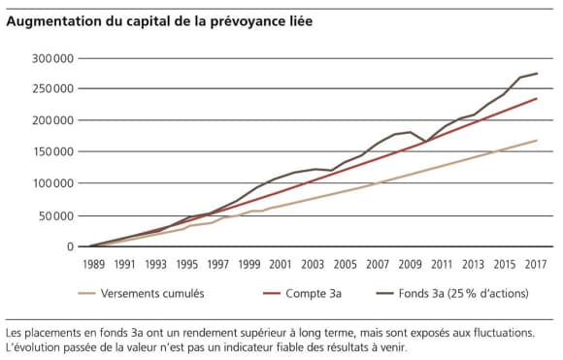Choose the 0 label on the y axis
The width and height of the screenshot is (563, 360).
[69, 246]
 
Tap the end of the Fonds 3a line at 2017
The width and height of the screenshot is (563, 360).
[537, 74]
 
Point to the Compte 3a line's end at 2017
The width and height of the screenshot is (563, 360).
[537, 98]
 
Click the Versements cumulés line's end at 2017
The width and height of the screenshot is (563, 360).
[537, 141]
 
